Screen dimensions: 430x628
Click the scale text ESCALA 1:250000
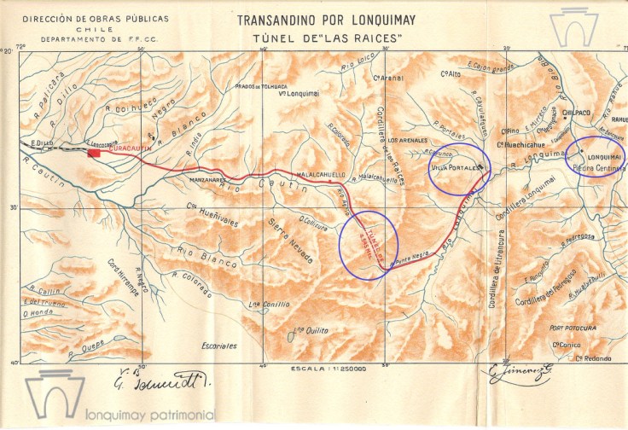coord(329,369)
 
